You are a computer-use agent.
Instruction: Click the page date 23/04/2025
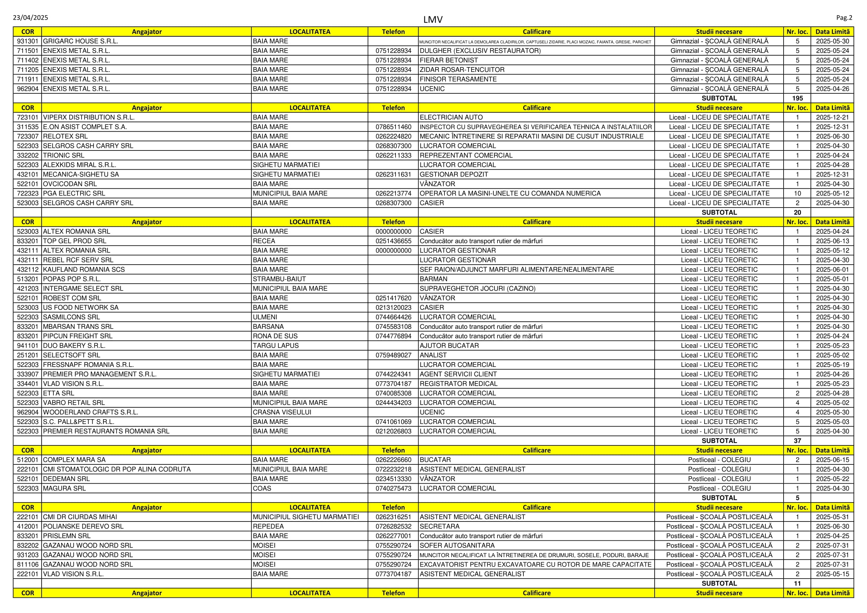pyautogui.click(x=31, y=18)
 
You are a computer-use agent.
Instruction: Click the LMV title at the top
pyautogui.click(x=433, y=20)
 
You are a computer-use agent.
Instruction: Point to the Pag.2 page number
pyautogui.click(x=844, y=18)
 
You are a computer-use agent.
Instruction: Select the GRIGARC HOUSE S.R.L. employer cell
pyautogui.click(x=80, y=41)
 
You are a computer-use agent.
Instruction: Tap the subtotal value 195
pyautogui.click(x=797, y=98)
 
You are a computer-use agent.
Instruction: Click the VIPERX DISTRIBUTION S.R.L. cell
pyautogui.click(x=89, y=117)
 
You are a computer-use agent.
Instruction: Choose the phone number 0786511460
pyautogui.click(x=393, y=127)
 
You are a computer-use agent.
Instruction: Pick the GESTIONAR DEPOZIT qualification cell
pyautogui.click(x=454, y=175)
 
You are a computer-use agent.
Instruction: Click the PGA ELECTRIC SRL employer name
pyautogui.click(x=74, y=193)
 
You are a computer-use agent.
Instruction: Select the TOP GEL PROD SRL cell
pyautogui.click(x=75, y=241)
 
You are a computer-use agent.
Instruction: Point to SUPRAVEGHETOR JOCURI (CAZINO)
pyautogui.click(x=477, y=288)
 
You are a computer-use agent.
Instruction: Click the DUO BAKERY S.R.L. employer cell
pyautogui.click(x=75, y=345)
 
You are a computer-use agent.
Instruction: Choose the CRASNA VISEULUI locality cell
pyautogui.click(x=282, y=412)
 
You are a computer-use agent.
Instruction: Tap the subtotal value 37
pyautogui.click(x=797, y=441)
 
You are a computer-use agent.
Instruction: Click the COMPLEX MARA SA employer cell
pyautogui.click(x=75, y=460)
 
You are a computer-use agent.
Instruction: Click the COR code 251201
pyautogui.click(x=27, y=355)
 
